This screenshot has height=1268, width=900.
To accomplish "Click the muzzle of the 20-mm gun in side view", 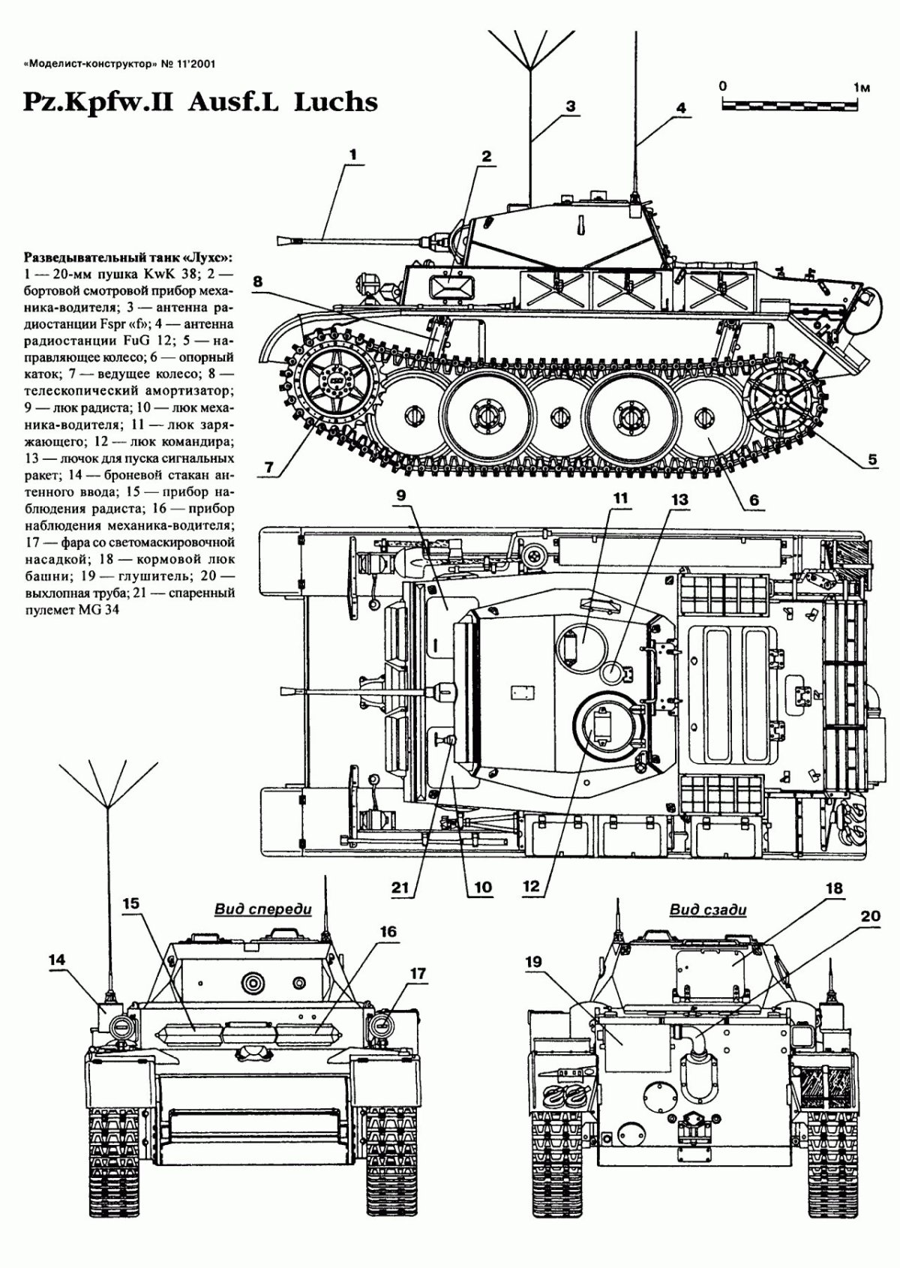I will tap(283, 241).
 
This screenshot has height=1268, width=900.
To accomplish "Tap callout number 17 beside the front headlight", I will tap(417, 973).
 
